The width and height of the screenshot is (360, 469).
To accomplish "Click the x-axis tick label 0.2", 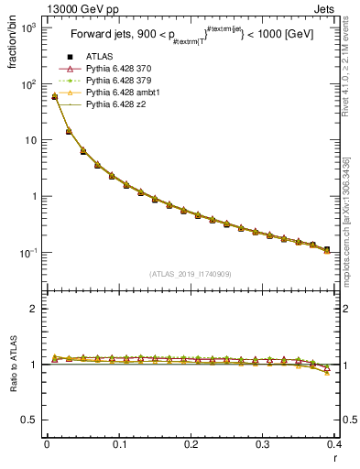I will pyautogui.click(x=191, y=444).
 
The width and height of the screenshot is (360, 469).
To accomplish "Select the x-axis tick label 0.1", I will pyautogui.click(x=118, y=444).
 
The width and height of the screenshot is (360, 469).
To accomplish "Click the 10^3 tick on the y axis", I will pyautogui.click(x=28, y=27).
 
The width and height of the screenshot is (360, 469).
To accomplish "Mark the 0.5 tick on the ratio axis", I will pyautogui.click(x=30, y=420).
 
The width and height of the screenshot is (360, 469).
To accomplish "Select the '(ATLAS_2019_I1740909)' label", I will pyautogui.click(x=190, y=274).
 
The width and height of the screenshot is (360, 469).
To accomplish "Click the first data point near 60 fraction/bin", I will pyautogui.click(x=54, y=96).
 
